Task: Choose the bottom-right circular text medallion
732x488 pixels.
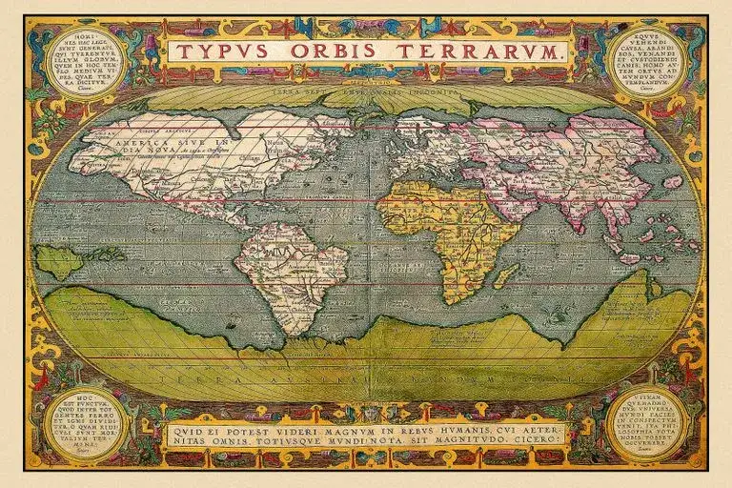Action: point(648,424)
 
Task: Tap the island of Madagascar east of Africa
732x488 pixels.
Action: point(506,276)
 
